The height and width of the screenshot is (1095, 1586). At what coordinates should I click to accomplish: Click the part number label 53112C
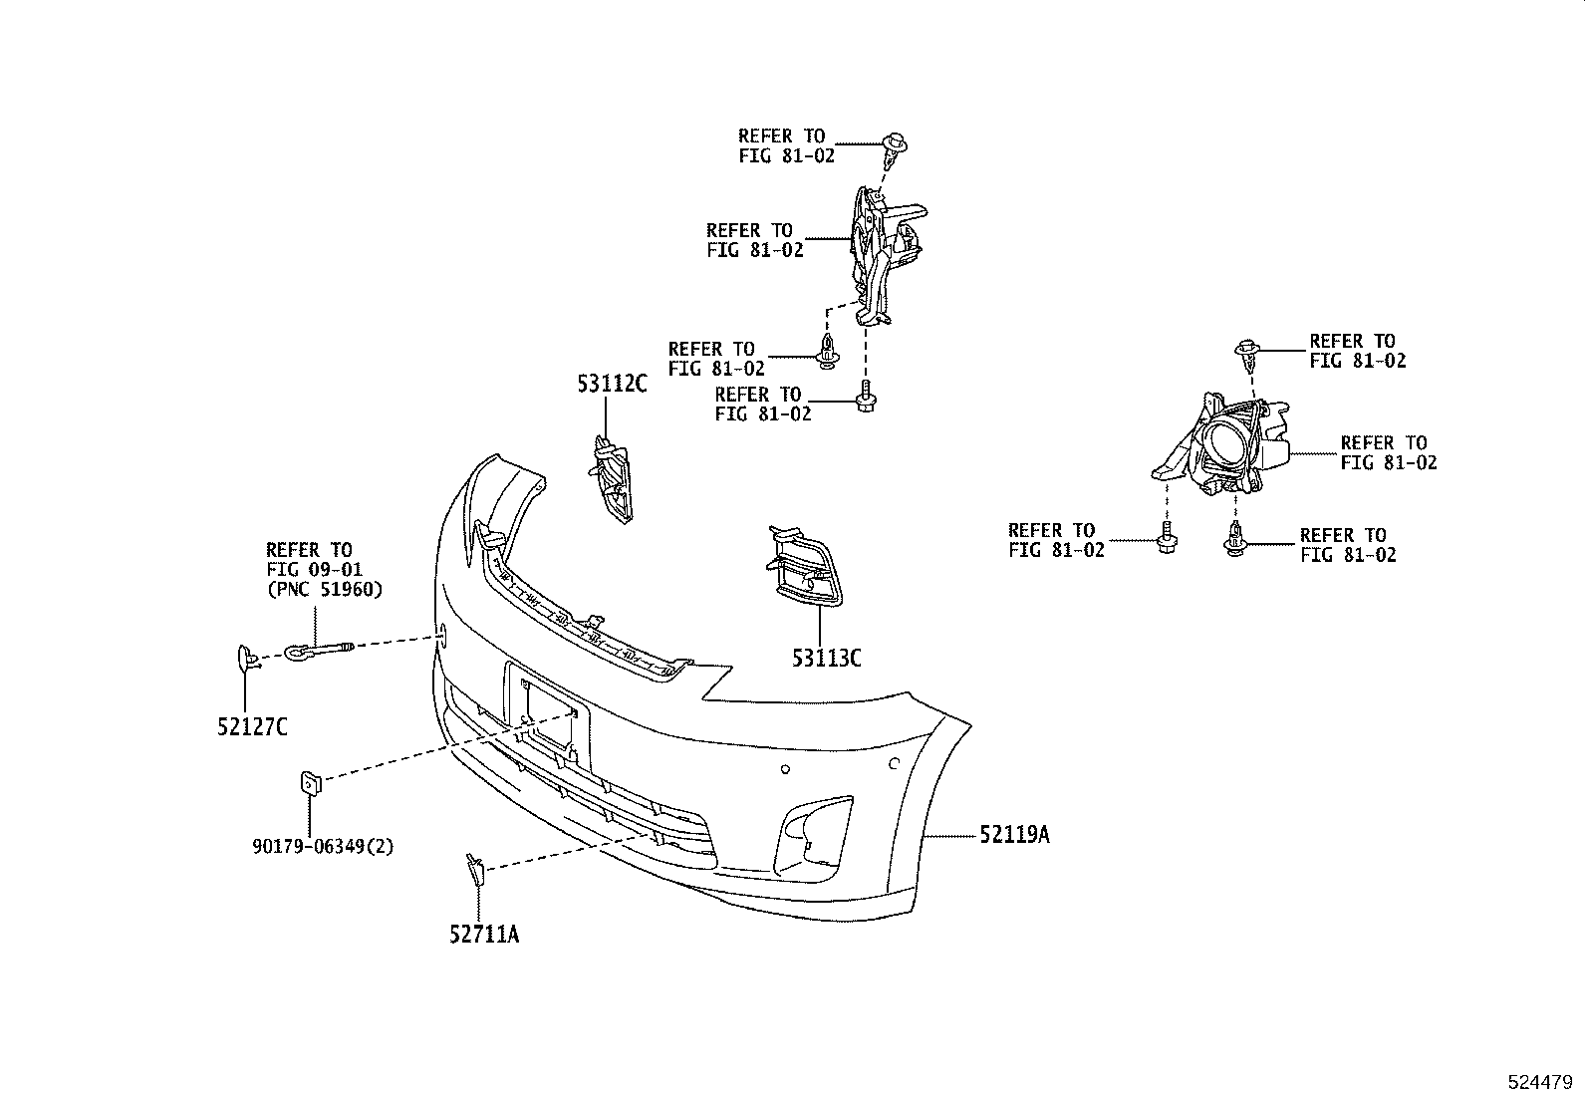point(611,383)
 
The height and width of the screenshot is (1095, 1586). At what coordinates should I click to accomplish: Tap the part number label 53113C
point(826,658)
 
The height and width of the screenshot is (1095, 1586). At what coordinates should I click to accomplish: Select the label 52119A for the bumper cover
point(1014,835)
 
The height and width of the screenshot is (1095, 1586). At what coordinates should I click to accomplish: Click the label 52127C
point(252,727)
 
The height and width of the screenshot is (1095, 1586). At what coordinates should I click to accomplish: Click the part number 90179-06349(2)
point(323,847)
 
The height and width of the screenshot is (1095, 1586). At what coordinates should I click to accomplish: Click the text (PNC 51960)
point(324,589)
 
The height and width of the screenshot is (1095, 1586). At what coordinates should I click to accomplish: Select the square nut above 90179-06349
point(310,784)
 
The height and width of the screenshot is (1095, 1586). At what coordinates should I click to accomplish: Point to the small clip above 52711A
point(475,870)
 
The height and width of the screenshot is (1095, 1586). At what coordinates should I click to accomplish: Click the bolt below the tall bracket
point(865,398)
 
